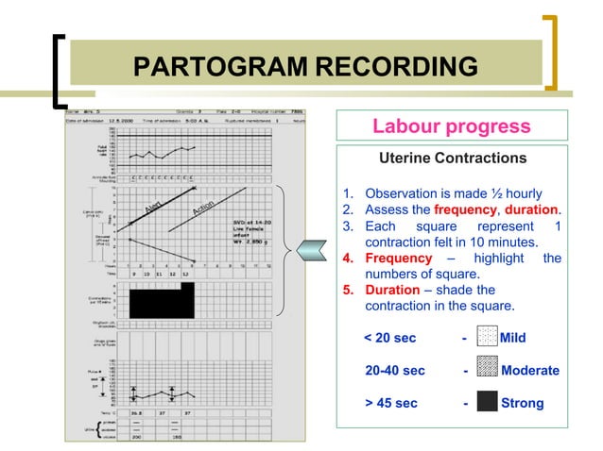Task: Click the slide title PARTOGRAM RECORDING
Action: coord(305,67)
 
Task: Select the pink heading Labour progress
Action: coord(451,126)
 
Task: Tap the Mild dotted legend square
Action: coord(487,337)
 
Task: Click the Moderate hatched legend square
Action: coord(487,370)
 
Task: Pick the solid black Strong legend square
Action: coord(487,403)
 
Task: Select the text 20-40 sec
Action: coord(394,370)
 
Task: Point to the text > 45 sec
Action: coord(391,403)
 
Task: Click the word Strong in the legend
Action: coord(522,403)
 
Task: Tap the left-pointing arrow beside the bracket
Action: coord(311,250)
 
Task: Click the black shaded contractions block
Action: coord(161,301)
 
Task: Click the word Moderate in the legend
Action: coord(529,370)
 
